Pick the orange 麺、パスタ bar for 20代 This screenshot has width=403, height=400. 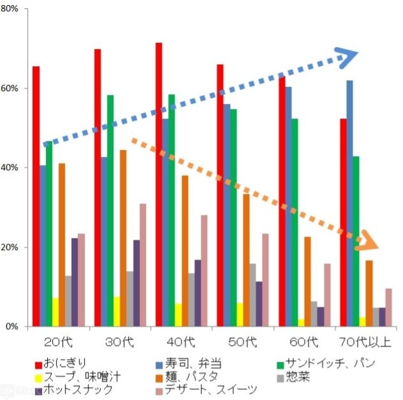click(x=62, y=245)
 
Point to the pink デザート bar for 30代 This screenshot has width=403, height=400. click(x=143, y=265)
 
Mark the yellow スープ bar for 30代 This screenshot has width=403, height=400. click(x=116, y=312)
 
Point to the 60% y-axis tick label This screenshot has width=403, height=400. click(x=13, y=88)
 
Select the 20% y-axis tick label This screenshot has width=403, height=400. click(x=13, y=247)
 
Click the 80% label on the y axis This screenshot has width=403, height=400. click(x=13, y=9)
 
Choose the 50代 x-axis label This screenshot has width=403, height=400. click(x=243, y=343)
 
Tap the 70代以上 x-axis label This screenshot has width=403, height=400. click(x=366, y=343)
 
